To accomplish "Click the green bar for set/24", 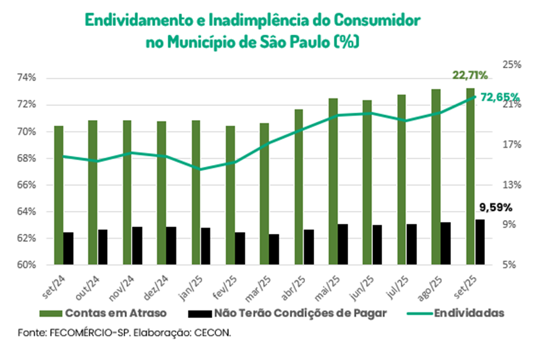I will pos(59,195).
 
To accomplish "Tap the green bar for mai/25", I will pos(333,181).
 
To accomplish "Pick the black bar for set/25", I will pos(479,242).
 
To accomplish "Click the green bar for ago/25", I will pos(436,177).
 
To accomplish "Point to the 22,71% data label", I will pos(470,75).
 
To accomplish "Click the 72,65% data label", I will pos(500,97).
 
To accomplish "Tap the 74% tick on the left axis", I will pos(27,78).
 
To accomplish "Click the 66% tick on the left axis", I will pos(27,185).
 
